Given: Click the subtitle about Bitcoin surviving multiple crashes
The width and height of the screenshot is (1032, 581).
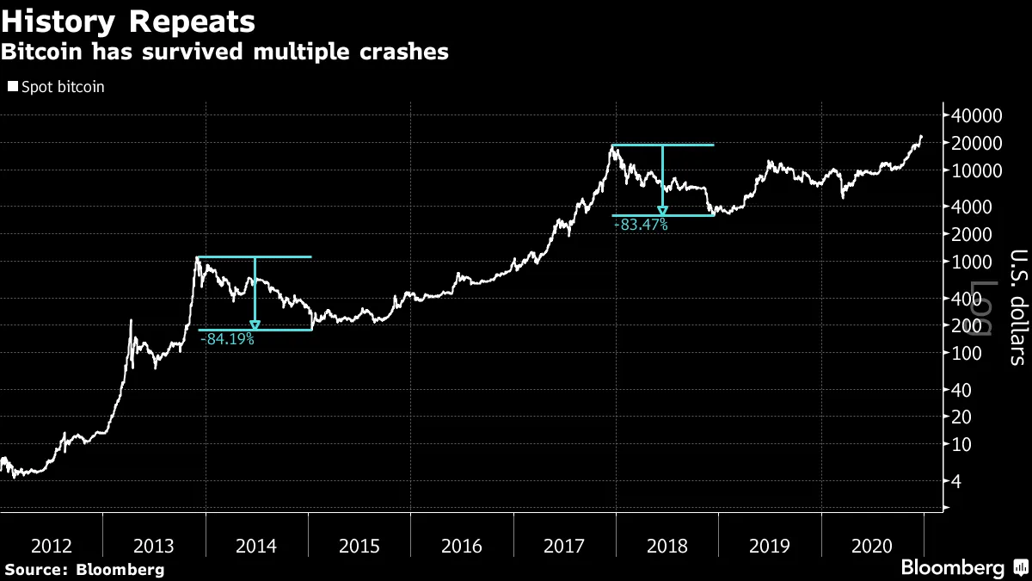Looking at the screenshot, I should [224, 52].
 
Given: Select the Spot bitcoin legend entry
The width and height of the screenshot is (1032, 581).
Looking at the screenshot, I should [56, 87].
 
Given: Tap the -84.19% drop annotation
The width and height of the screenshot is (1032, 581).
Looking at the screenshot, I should [227, 339].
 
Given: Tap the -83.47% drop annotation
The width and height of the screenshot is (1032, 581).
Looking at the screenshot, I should [641, 225].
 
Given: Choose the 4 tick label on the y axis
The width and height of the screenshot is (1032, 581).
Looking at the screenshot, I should [955, 481].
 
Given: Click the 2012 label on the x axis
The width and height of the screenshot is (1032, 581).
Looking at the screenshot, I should [51, 545].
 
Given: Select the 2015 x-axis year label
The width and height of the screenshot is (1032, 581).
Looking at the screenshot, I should [359, 545].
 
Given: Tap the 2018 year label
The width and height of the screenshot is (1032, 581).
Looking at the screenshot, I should [667, 545].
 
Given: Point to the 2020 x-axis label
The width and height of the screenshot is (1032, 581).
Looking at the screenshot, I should [873, 545].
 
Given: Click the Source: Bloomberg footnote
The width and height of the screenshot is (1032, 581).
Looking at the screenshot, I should [83, 569].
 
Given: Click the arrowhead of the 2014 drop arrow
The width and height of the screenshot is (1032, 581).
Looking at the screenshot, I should [255, 324].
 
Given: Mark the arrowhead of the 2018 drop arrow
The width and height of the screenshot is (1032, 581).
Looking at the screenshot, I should [662, 210].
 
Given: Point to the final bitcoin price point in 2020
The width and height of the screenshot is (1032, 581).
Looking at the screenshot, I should [922, 135].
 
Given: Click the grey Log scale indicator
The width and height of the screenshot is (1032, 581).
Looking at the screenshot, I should [983, 307].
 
